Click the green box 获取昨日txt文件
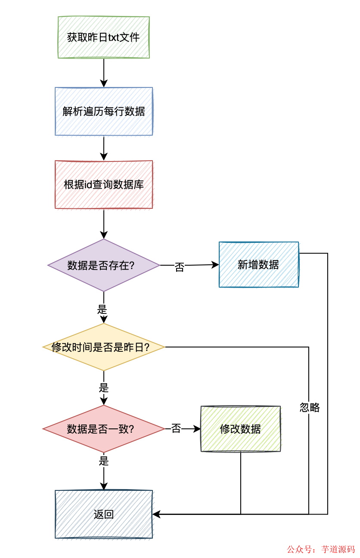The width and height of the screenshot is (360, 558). coord(104,37)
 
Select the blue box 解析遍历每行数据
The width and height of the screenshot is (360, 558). coord(104,112)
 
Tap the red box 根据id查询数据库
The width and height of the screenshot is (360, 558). coord(104,185)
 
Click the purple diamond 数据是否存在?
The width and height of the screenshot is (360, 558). coord(104,265)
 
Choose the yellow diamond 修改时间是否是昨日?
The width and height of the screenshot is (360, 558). coord(104,347)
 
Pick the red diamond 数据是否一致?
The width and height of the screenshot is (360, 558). coord(104,429)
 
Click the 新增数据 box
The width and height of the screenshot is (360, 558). coord(258,265)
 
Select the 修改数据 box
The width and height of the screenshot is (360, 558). coord(240,429)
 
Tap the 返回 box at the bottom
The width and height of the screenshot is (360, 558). coord(104,514)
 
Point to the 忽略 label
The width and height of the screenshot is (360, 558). coord(310,407)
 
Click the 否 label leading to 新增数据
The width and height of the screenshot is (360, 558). coord(179,267)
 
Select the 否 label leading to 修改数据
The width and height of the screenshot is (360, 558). coord(176,429)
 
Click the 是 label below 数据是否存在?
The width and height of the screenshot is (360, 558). coord(102,309)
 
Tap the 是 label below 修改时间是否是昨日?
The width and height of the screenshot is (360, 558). coord(103,387)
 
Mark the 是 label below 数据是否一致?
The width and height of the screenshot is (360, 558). coord(104,461)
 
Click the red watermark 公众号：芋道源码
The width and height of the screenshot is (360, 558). coord(321,549)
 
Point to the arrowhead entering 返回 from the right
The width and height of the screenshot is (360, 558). coord(156,514)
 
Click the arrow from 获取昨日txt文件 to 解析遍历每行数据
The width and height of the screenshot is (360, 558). coord(104,73)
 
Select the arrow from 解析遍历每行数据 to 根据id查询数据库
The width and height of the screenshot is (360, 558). coord(104,148)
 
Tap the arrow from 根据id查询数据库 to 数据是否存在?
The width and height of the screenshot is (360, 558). coord(104,224)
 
